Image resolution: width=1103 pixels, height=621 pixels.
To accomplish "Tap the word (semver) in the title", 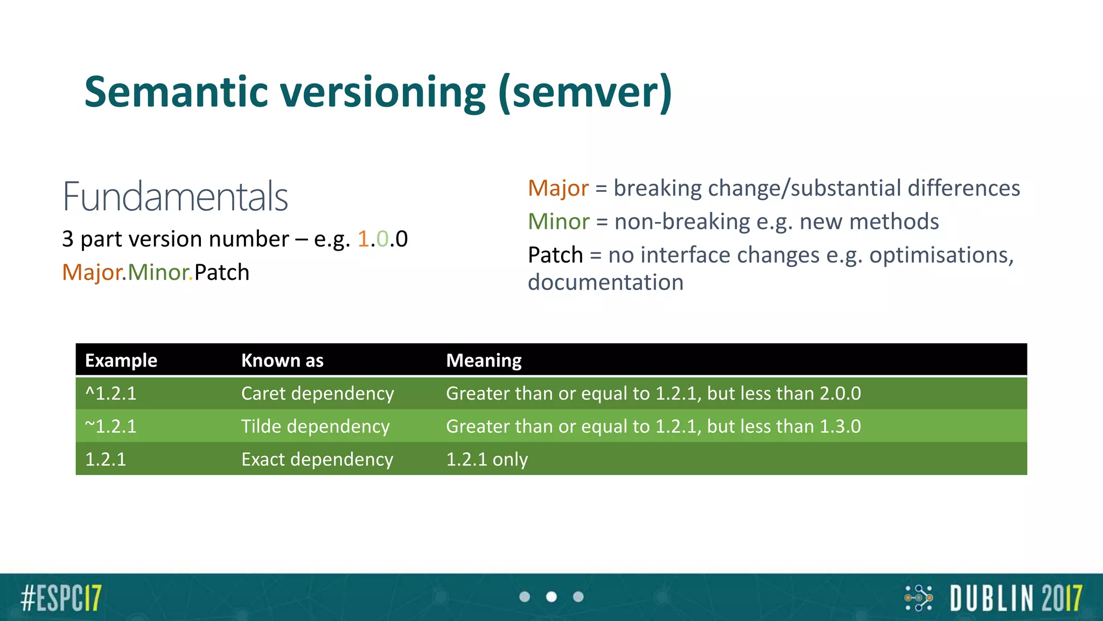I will point(585,93).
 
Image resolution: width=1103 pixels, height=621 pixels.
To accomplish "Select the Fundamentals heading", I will point(175,197).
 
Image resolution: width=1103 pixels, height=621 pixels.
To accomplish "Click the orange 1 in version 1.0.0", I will point(363,239).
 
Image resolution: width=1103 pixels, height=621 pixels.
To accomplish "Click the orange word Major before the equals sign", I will point(558,188).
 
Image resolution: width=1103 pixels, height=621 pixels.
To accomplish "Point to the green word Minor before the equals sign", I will point(559,222).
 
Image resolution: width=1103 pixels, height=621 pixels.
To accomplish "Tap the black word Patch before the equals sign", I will point(555,255).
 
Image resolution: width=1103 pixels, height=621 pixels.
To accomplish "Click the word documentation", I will point(605,282).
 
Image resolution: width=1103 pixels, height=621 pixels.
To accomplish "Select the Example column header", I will point(121,360).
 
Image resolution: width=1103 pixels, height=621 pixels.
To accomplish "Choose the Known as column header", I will point(282,360).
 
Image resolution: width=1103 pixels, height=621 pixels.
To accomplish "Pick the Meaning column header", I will point(484,360).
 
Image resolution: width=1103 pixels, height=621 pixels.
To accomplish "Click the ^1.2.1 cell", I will point(111,394).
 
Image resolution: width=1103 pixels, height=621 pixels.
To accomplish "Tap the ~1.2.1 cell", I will point(111,426).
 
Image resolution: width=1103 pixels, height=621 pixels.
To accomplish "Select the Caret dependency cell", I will point(317,394).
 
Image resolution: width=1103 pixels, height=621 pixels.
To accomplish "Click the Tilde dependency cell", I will point(315,426).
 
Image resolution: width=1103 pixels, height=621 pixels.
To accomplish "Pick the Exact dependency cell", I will point(317,459).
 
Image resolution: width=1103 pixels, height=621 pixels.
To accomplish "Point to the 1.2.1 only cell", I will point(487,459).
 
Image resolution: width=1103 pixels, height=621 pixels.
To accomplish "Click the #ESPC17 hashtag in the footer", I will point(61,598).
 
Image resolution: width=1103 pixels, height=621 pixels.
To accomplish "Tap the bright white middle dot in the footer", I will point(551,597).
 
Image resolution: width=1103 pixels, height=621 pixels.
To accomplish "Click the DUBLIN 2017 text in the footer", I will point(1016,598).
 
